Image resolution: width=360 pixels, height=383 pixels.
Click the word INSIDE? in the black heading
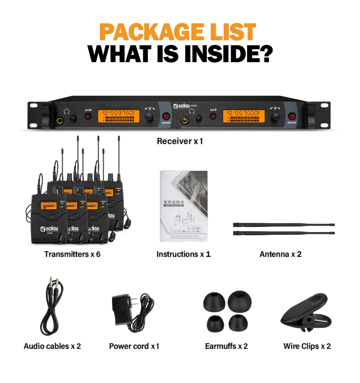pos(226,54)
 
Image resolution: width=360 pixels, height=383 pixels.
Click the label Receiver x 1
pos(180,141)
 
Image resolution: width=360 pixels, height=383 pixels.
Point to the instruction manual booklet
pos(183,206)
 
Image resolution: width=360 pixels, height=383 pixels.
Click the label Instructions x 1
pos(183,254)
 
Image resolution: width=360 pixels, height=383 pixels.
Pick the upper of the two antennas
pos(284,225)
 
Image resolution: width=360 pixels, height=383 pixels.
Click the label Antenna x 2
pos(281,254)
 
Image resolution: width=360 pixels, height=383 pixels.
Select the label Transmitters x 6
pos(72,254)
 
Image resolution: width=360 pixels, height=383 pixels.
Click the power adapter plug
pos(123,309)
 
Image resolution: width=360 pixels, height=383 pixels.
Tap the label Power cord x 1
pos(134,346)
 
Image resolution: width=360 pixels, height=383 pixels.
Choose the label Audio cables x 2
pos(53,346)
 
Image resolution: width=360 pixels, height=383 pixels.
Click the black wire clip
pos(304,312)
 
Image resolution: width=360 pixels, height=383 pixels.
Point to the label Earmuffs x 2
pos(226,346)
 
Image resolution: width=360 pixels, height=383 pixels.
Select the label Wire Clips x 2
pos(307,346)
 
